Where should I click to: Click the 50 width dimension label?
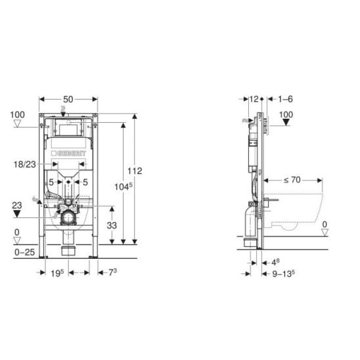(68, 99)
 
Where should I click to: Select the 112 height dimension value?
(135, 171)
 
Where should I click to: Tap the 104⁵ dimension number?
(124, 187)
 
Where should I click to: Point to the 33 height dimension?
(112, 225)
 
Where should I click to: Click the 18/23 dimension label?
(25, 164)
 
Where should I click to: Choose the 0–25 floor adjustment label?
(24, 252)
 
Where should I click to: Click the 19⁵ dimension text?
(57, 273)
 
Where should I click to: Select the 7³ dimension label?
(113, 273)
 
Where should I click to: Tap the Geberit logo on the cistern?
(68, 153)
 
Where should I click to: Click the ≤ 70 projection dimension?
(292, 180)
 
